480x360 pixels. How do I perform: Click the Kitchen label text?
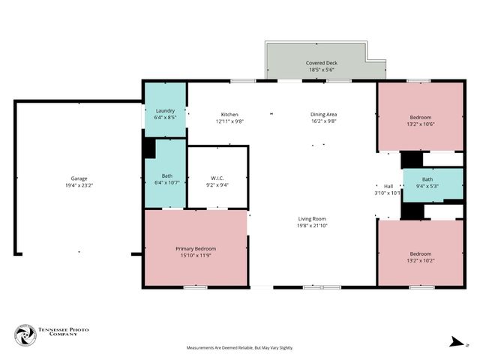point(229,114)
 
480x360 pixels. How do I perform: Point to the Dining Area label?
point(323,114)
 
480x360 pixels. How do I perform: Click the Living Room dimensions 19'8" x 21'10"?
point(313,225)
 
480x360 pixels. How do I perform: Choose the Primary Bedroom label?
point(196,248)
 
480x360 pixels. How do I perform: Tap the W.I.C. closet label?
point(217,178)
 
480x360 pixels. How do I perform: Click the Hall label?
point(388,186)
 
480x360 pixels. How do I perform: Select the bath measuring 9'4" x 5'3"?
point(427,182)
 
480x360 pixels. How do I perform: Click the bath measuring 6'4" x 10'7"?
point(166,178)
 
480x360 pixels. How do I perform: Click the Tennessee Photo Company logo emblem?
point(25,335)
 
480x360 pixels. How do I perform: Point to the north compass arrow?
point(455,343)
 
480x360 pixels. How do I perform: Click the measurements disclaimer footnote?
point(240,348)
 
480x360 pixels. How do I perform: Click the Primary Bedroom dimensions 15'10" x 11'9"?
point(196,255)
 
